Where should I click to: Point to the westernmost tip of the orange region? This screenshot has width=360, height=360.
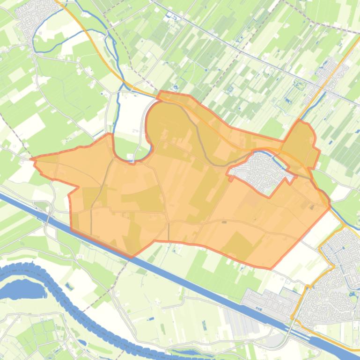[x=32, y=159]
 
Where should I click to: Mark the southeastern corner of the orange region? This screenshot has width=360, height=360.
[x=271, y=268]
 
